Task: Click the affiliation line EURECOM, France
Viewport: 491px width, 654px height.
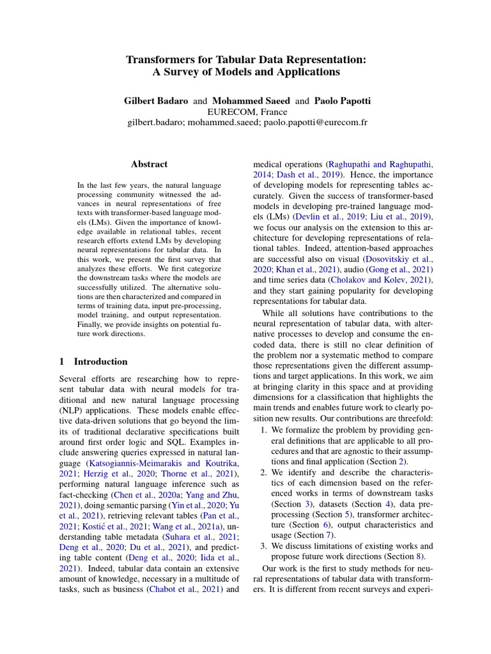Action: coord(245,112)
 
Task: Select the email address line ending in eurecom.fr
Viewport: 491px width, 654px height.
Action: coord(245,123)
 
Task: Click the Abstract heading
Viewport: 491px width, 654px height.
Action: coord(149,164)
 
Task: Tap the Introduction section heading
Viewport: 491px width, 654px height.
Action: coord(100,361)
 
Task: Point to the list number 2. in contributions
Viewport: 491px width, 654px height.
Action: coord(264,473)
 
